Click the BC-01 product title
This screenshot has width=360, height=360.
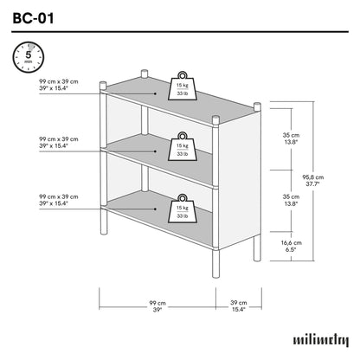[35, 16]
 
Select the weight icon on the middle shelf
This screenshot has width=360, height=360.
[183, 146]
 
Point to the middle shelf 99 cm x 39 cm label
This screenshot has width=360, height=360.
[58, 143]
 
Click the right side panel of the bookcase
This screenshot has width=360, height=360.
[238, 173]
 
